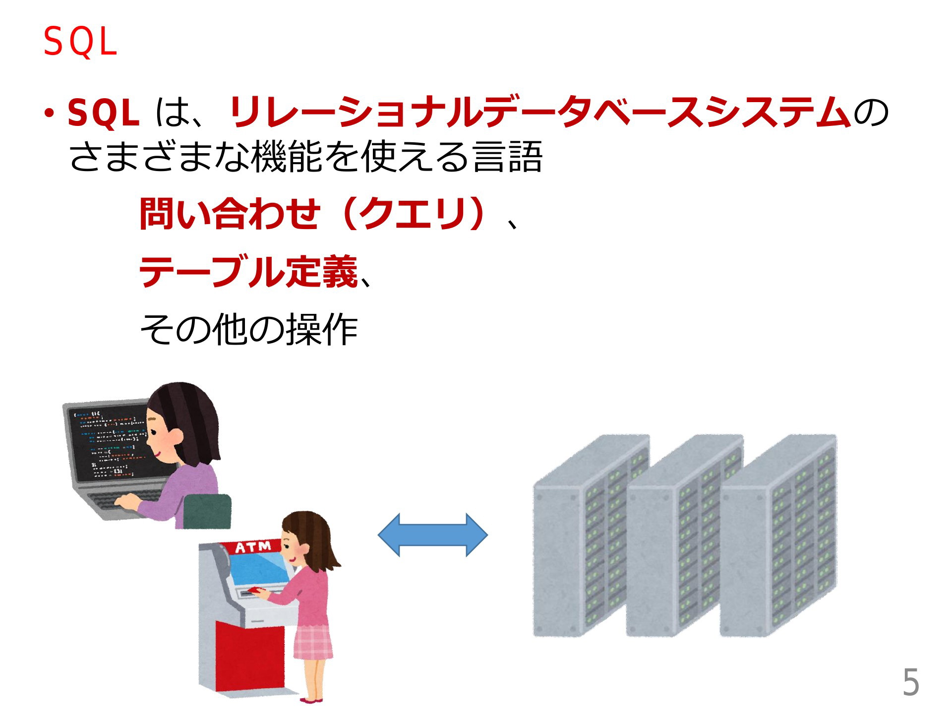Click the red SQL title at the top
pyautogui.click(x=80, y=42)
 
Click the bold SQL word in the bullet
pyautogui.click(x=103, y=113)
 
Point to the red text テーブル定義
pyautogui.click(x=248, y=271)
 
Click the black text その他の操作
pyautogui.click(x=248, y=329)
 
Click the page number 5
pyautogui.click(x=910, y=683)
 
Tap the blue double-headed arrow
pyautogui.click(x=432, y=535)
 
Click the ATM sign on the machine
pyautogui.click(x=253, y=547)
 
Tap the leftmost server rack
pyautogui.click(x=590, y=535)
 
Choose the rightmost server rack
pyautogui.click(x=778, y=535)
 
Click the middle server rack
pyautogui.click(x=684, y=535)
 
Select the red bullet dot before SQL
pyautogui.click(x=50, y=114)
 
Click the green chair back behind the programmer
pyautogui.click(x=207, y=511)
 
